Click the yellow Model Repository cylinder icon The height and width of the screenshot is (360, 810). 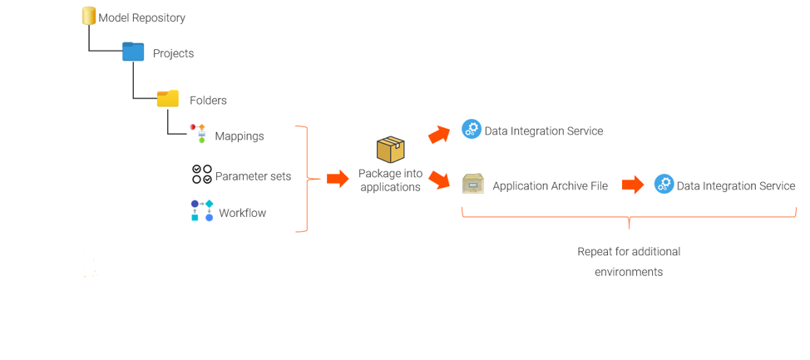tap(89, 16)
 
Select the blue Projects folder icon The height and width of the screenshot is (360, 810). tap(133, 52)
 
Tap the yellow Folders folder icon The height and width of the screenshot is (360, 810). tap(168, 98)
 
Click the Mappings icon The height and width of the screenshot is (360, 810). tap(198, 133)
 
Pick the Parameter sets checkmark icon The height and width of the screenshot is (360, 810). tap(202, 174)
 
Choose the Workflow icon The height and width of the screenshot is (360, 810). tap(202, 210)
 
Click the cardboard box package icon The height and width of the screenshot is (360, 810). tap(390, 150)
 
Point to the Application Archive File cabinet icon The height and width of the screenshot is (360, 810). tap(473, 184)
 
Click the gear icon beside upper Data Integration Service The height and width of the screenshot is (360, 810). tap(472, 129)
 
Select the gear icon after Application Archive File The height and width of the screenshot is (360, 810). tap(664, 184)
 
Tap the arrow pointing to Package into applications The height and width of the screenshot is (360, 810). tap(338, 178)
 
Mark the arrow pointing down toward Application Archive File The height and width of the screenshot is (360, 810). tap(439, 178)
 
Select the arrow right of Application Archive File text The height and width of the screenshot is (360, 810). tap(633, 185)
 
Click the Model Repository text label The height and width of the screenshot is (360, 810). tap(141, 17)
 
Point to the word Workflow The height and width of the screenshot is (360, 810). tap(242, 213)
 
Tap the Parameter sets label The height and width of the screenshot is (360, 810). tap(253, 176)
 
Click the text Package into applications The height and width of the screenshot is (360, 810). tap(390, 180)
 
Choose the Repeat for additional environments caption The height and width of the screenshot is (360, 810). tap(629, 261)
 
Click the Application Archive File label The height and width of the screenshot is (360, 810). tap(550, 186)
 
